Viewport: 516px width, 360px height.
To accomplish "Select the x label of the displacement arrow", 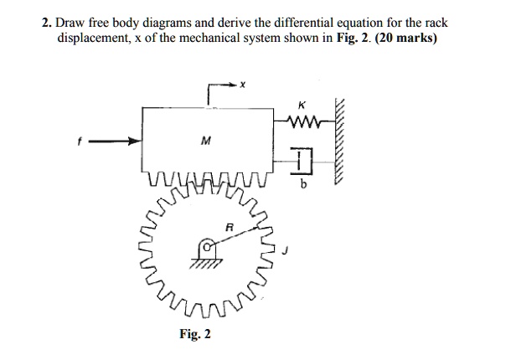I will pyautogui.click(x=241, y=85).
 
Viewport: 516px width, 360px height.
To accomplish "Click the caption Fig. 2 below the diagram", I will pyautogui.click(x=195, y=334).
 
